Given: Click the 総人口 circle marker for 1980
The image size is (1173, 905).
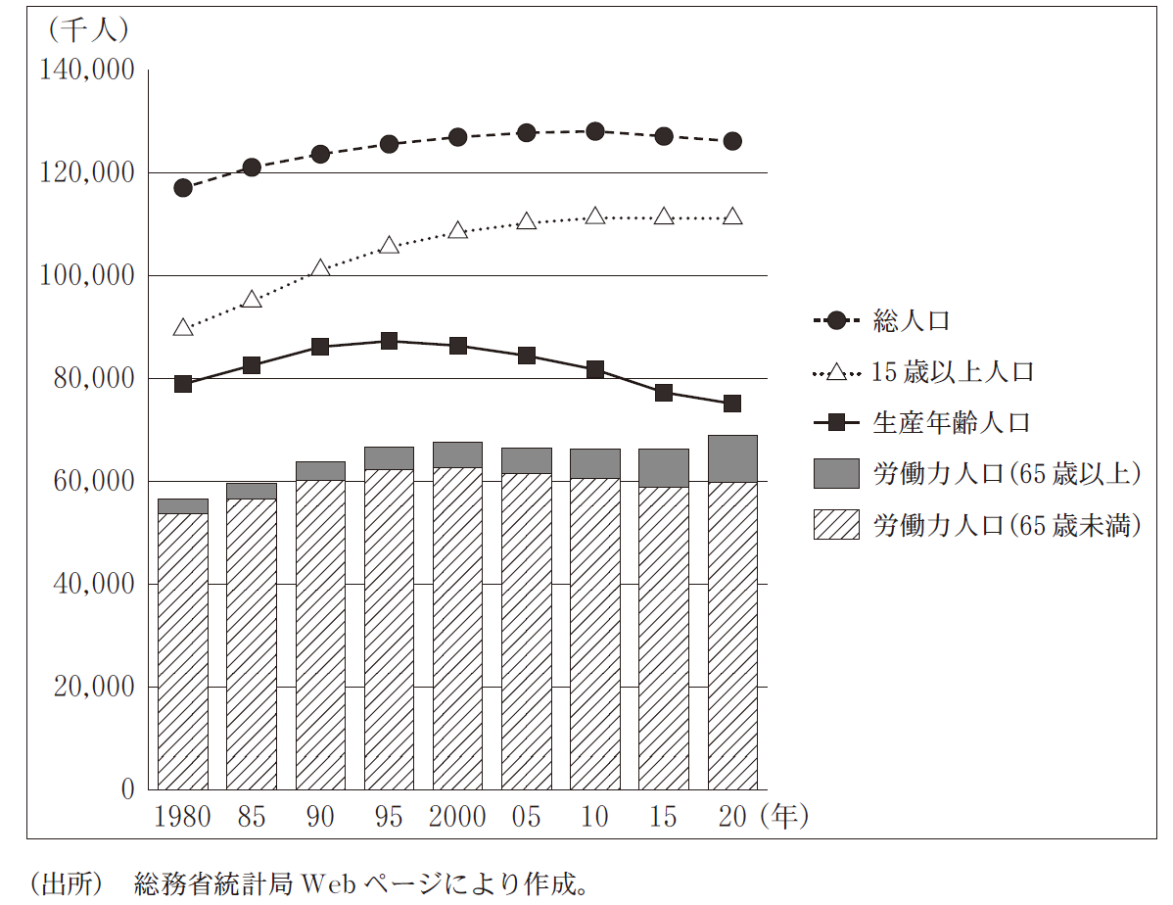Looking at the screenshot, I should point(183,188).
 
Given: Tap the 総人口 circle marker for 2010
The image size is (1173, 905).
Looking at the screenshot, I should point(595,131).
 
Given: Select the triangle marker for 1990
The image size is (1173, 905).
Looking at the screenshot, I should point(320,268).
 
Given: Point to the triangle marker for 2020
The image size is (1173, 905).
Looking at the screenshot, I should point(732,216).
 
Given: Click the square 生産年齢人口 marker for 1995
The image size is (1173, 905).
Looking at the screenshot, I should point(389,341).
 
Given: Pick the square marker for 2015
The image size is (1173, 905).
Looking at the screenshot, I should point(664,393).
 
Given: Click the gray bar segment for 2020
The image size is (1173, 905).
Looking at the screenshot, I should point(732,458).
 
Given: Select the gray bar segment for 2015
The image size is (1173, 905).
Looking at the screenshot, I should point(664,468).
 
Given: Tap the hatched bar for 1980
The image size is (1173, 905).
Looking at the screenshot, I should point(183,651).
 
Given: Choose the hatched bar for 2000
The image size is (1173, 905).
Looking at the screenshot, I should point(457,628).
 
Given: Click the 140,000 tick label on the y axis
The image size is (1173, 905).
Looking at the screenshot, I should point(85,71).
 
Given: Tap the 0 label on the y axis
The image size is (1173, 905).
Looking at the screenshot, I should point(126,789).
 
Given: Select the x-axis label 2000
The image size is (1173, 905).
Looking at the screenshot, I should point(457,817).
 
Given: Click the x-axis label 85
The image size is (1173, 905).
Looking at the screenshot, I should point(252,817).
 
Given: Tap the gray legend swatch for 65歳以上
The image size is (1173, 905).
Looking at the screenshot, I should point(837,474).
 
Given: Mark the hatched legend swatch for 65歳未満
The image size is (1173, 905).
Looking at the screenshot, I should point(837,526).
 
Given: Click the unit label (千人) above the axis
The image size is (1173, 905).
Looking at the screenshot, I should point(86,30).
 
